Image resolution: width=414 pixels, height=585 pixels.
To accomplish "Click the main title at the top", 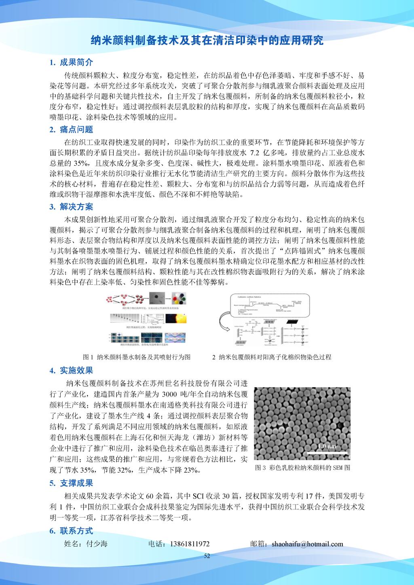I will click(207, 40).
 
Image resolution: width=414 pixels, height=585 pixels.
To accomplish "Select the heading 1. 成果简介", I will click(71, 62).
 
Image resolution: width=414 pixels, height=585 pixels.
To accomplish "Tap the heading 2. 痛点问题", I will click(71, 129).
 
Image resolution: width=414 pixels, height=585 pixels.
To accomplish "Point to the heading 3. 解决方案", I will click(71, 207).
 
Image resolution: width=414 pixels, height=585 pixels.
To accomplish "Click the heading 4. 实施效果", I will click(71, 370).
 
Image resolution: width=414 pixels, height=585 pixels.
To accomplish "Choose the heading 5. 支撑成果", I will click(71, 483).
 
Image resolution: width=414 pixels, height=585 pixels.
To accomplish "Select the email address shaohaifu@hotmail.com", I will click(307, 544).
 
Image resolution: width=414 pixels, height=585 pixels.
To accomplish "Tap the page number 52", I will click(207, 556).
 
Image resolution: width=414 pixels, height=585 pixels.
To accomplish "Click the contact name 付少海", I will click(97, 544).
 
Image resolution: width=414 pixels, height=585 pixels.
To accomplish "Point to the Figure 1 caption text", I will click(137, 357).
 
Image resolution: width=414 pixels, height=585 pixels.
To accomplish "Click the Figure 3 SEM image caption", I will click(302, 468).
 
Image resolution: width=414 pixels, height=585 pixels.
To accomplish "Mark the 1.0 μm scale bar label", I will click(327, 446).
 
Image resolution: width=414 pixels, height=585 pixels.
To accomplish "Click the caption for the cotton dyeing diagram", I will click(272, 357).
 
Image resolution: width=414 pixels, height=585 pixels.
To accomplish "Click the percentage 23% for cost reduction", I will click(190, 470).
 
